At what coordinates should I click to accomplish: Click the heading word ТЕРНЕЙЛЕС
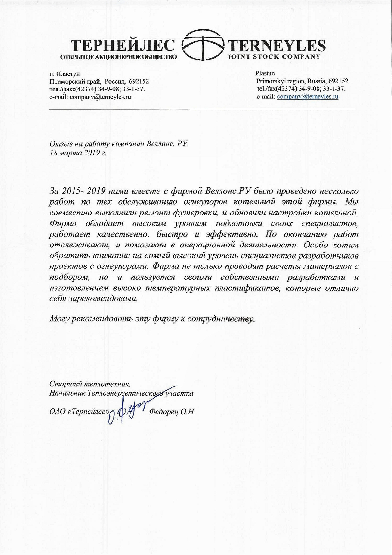pyautogui.click(x=123, y=46)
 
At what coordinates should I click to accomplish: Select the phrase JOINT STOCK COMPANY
pyautogui.click(x=274, y=57)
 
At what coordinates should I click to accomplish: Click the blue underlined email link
pyautogui.click(x=307, y=97)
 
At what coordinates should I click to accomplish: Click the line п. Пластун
pyautogui.click(x=64, y=74)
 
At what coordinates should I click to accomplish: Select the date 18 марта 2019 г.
pyautogui.click(x=78, y=152)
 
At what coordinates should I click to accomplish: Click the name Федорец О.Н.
pyautogui.click(x=172, y=412)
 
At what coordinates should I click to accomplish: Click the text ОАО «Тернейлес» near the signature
pyautogui.click(x=78, y=412)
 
